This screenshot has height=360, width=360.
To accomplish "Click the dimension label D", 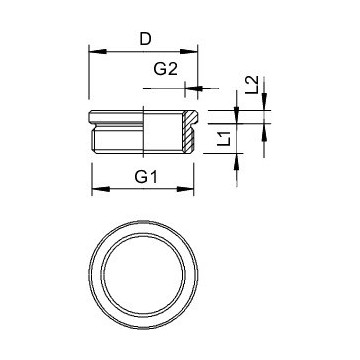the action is [145, 39].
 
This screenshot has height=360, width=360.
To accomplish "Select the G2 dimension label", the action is [165, 69].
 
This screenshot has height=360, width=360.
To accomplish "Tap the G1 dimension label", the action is [146, 177].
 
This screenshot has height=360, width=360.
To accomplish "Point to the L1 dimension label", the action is [225, 138].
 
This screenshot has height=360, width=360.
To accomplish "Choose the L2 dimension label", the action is [252, 85].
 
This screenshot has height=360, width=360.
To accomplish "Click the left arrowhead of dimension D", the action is [98, 52].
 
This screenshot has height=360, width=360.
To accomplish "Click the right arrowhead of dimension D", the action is [189, 52].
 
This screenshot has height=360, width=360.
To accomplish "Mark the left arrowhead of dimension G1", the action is [101, 189].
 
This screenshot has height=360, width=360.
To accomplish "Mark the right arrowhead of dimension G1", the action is [185, 189].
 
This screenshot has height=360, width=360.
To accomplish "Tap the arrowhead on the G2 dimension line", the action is [194, 88].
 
